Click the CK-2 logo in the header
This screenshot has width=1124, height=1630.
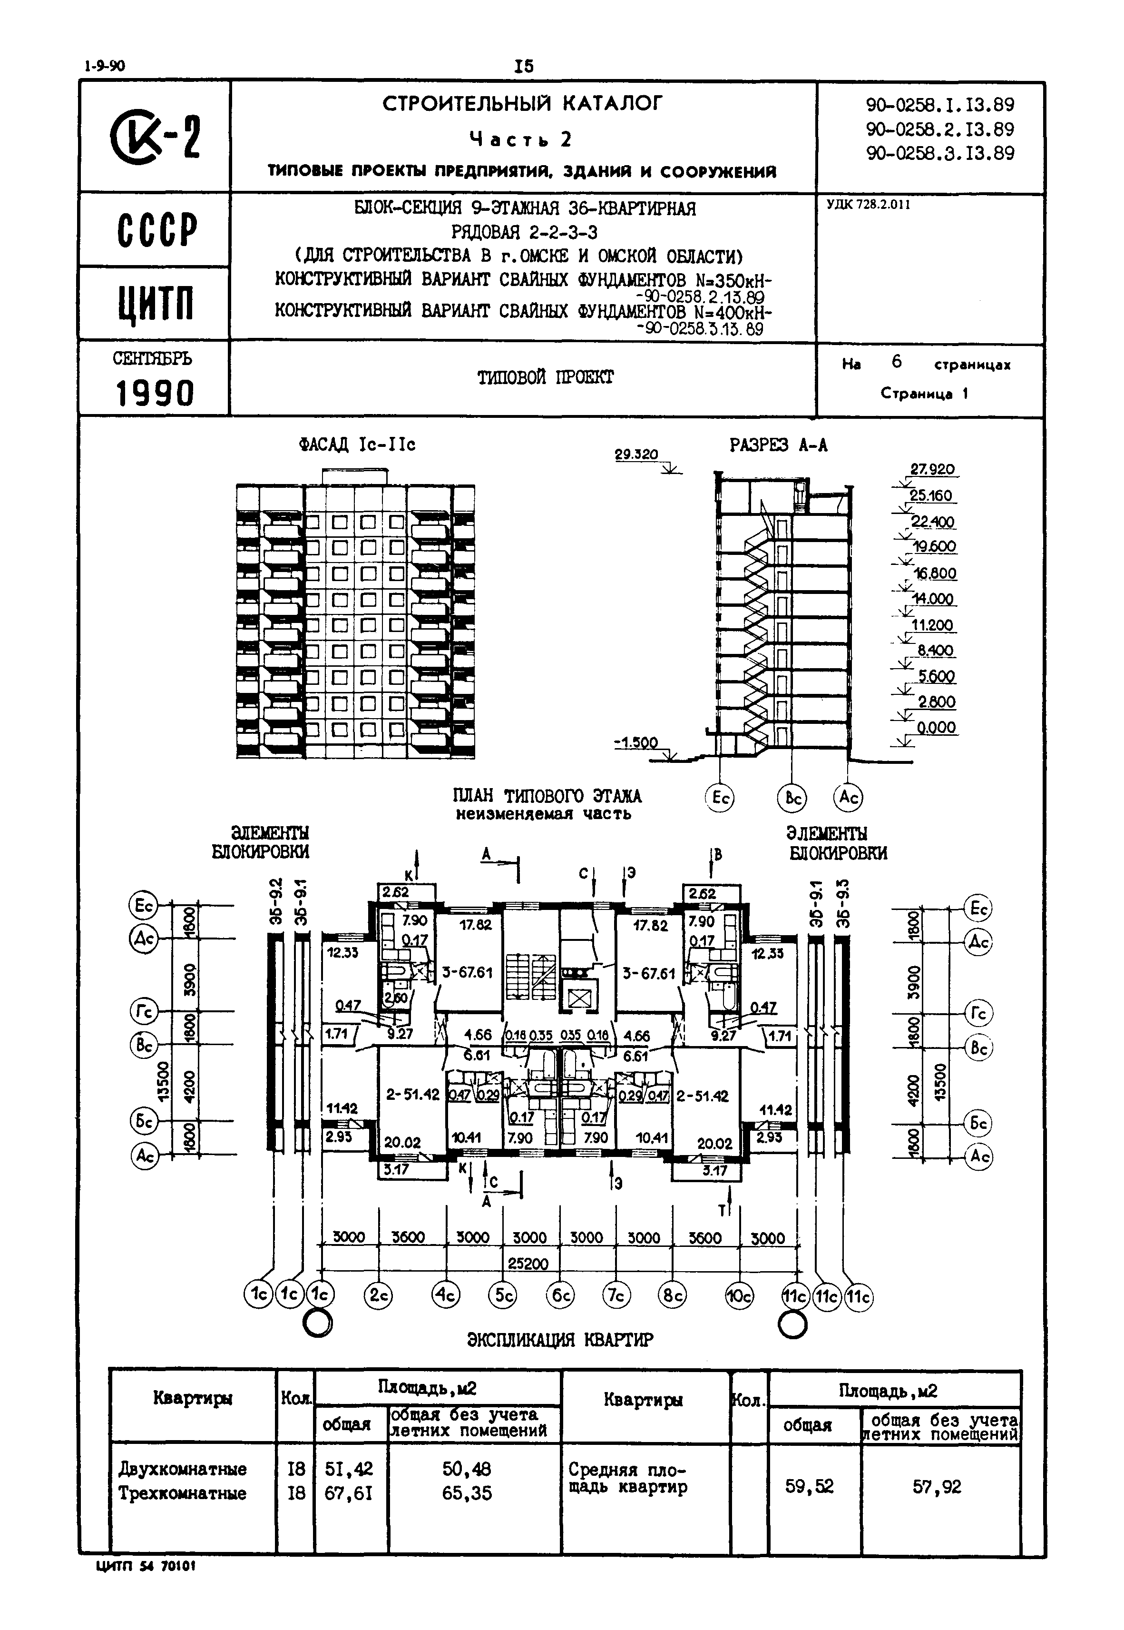pos(156,137)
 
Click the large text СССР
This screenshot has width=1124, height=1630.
pos(156,230)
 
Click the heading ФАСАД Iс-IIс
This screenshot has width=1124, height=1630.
pos(357,445)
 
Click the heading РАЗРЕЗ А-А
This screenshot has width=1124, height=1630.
pos(778,445)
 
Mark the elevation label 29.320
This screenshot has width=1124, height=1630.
pos(636,455)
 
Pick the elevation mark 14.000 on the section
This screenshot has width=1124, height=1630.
pos(933,599)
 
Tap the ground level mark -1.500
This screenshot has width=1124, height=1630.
pos(636,742)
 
